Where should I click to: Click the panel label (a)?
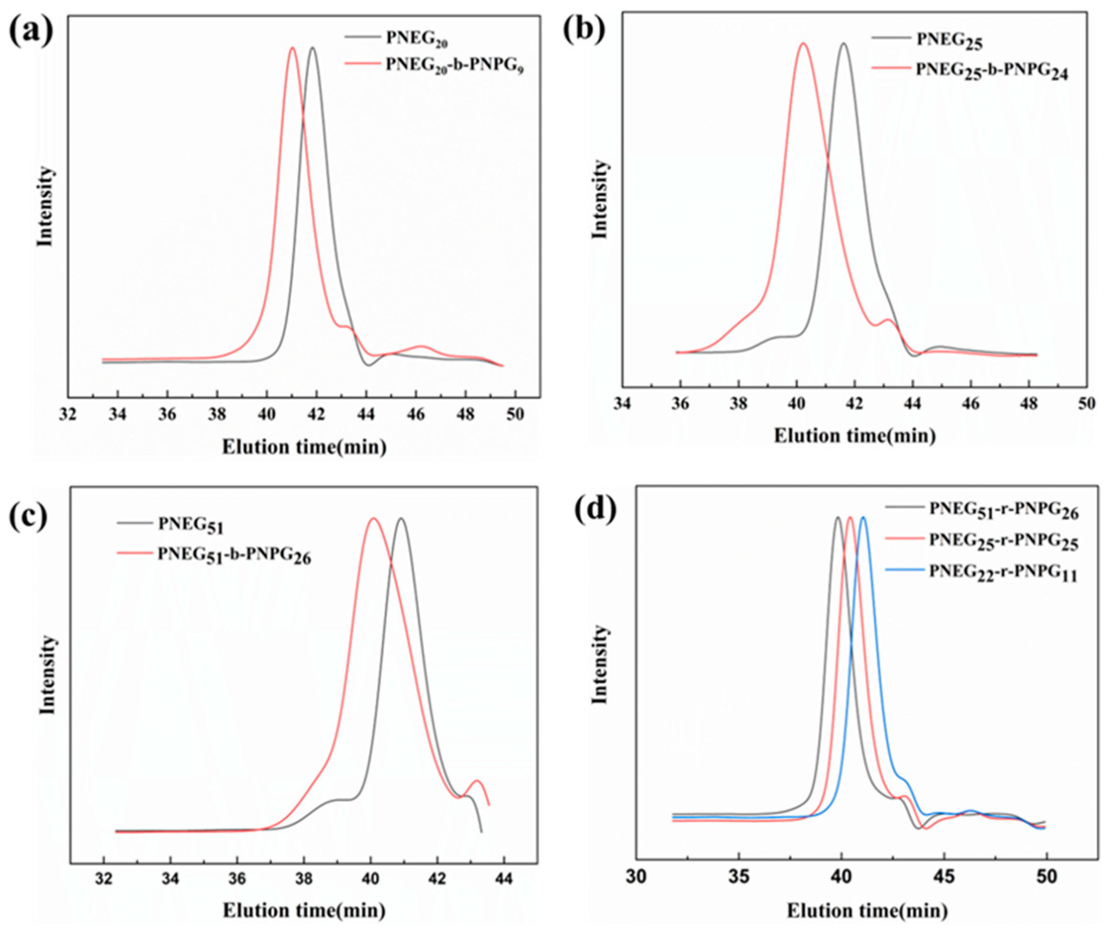pos(31,30)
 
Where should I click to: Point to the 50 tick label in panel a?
pos(515,415)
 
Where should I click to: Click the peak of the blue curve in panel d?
pos(863,518)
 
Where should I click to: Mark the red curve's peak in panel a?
pos(292,48)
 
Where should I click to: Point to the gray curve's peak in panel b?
pos(843,43)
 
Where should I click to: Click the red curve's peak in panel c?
pos(374,518)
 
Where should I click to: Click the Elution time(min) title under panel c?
pos(304,910)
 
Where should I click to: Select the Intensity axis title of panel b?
pos(600,200)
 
